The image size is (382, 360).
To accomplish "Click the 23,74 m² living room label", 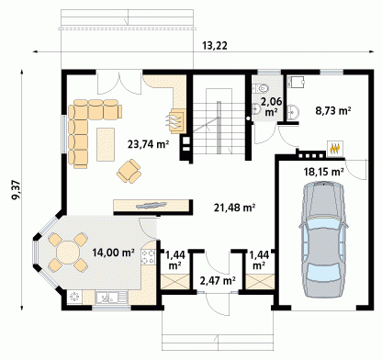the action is (149, 144).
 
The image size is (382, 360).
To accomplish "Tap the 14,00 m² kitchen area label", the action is (114, 253).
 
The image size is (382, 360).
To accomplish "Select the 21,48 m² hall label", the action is (235, 208).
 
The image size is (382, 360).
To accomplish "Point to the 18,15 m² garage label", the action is (323, 172).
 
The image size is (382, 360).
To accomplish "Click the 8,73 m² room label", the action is (333, 110).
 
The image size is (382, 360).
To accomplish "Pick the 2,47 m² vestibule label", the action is (218, 280).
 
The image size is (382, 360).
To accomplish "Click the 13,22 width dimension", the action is (215, 46).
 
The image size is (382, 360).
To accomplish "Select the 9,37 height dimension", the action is (16, 190).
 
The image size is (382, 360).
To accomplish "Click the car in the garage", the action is (324, 239).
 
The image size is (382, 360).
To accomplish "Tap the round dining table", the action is (68, 253).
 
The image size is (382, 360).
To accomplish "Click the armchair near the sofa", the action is (129, 171).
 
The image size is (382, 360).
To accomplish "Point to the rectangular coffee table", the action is (106, 144).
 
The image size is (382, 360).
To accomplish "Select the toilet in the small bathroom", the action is (261, 88).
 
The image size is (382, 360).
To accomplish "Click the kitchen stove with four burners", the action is (149, 257).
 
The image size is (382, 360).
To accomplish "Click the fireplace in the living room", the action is (177, 120).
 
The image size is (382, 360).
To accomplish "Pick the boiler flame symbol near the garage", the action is (335, 149).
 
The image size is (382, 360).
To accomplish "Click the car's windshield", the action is (323, 223).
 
